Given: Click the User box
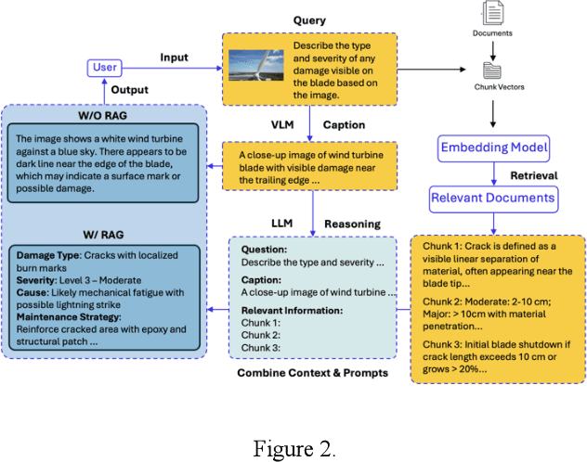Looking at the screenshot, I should click(104, 67).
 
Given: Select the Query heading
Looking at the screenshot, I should click(309, 19).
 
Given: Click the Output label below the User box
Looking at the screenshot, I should click(132, 89).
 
